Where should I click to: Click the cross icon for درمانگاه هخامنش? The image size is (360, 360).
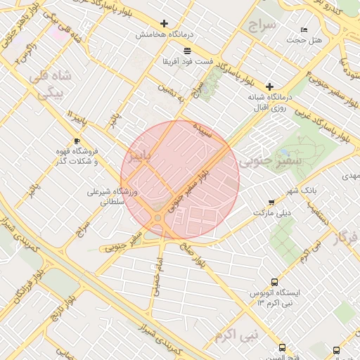(x=165, y=23)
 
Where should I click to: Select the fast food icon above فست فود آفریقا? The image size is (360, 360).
(x=187, y=51)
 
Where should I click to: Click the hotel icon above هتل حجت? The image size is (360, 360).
(x=304, y=30)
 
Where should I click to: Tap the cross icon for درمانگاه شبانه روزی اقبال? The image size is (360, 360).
(x=269, y=86)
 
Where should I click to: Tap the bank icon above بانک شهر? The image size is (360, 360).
(x=309, y=180)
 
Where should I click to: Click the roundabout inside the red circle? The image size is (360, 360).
(x=158, y=219)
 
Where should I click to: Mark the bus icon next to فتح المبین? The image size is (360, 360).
(x=283, y=348)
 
